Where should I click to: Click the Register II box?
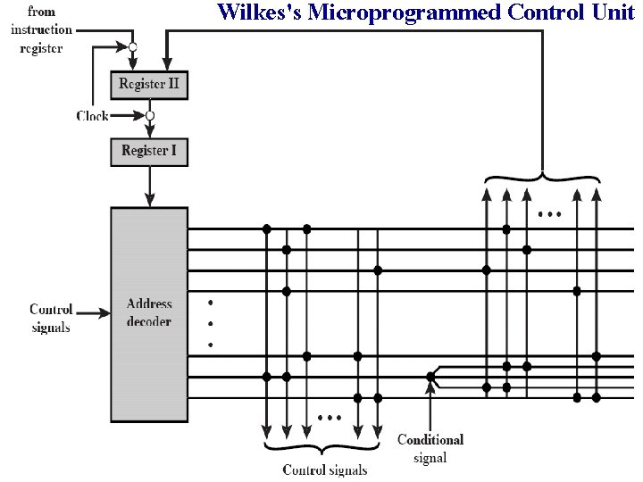coord(149,85)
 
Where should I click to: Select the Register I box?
coord(149,151)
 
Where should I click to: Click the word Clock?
coord(93,116)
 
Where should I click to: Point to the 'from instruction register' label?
coord(41,30)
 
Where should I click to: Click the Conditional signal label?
coord(430,448)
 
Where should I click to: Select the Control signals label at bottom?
coord(324,470)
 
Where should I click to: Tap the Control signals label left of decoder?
coord(51,318)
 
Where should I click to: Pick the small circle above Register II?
coord(133,46)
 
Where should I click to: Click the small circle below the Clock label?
coord(150,116)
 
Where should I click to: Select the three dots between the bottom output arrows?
coord(330,417)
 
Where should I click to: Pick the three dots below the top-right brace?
coord(550,215)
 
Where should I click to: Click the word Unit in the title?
coord(612,12)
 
